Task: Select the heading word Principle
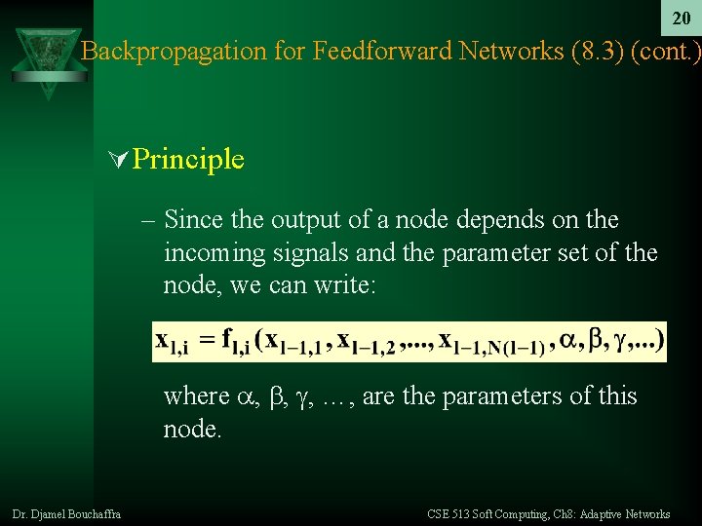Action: pos(188,159)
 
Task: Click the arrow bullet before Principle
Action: pos(120,159)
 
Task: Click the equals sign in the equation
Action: pos(207,342)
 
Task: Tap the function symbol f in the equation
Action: pos(227,340)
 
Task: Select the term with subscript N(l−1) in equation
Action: pos(491,343)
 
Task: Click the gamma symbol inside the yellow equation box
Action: pos(620,341)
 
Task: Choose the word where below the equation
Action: pos(196,396)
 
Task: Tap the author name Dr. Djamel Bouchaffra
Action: pos(67,514)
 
